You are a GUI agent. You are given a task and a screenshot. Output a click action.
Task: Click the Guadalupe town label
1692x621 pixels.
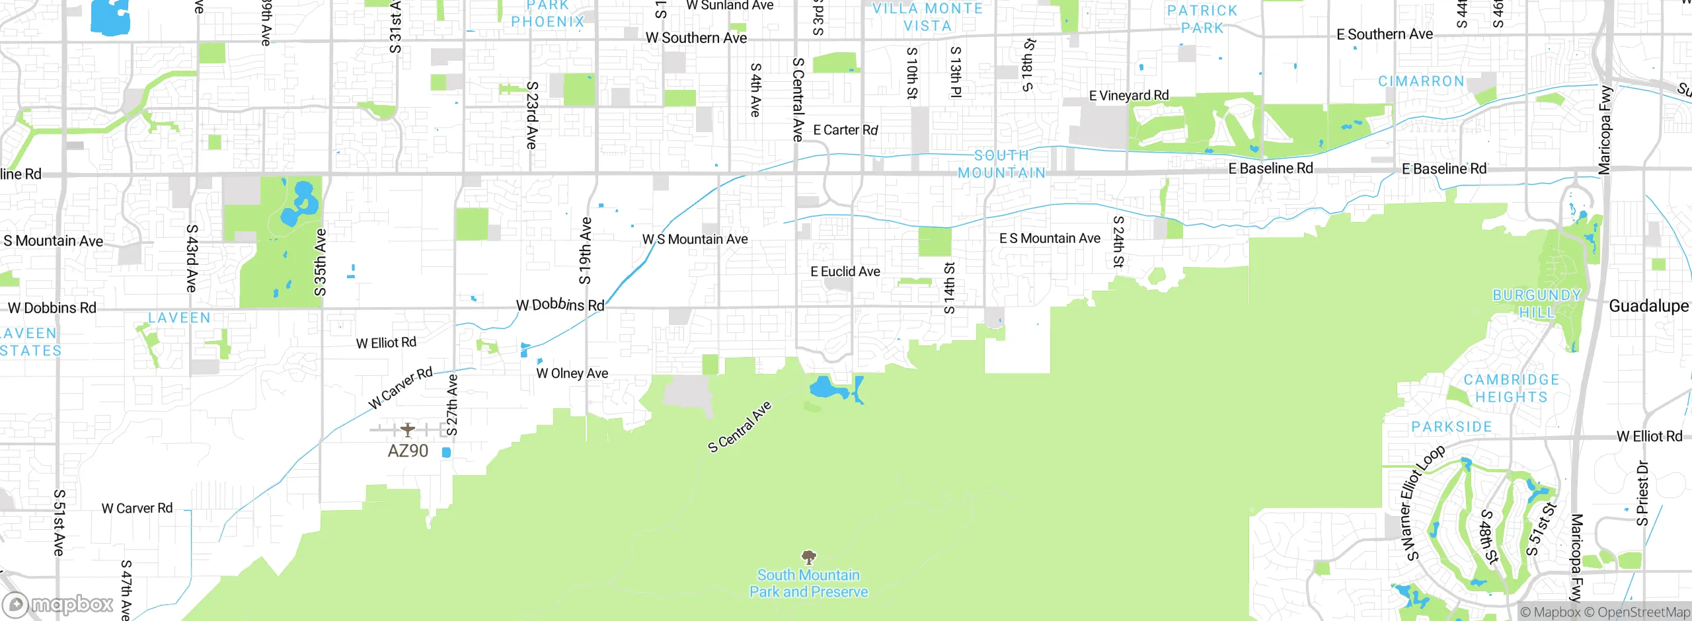1648,306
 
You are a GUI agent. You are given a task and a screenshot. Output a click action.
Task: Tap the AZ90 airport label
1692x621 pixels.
408,451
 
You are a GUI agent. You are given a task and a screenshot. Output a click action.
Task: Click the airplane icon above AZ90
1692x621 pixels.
408,429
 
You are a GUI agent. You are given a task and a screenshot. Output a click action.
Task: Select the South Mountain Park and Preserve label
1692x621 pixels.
808,583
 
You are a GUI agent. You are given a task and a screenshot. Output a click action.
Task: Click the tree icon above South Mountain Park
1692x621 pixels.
808,557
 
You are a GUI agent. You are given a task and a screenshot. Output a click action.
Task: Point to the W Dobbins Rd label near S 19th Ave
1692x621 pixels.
560,305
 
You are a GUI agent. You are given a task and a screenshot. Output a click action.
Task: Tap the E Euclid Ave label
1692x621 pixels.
845,272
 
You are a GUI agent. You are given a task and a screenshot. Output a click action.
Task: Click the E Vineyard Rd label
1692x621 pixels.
1129,96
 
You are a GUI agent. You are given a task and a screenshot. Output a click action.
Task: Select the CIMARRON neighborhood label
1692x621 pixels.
1421,81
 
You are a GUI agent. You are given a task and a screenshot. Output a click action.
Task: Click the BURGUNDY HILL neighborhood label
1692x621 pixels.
1537,303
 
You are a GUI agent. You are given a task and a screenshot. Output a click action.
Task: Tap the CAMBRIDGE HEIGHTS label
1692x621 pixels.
1512,388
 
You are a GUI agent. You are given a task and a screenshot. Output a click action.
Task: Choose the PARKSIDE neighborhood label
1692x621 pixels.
1451,427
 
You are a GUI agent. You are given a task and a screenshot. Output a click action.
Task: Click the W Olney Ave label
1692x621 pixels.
572,373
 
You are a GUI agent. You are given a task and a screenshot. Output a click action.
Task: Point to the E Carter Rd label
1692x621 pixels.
845,130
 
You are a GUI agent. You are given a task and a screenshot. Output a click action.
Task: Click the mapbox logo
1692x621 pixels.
58,604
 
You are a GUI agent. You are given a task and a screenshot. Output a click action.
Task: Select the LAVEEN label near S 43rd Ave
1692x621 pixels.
179,318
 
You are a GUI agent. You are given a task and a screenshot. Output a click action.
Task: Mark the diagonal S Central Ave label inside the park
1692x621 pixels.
740,427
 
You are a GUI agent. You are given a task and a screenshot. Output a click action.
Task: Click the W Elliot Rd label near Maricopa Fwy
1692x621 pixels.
1649,436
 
